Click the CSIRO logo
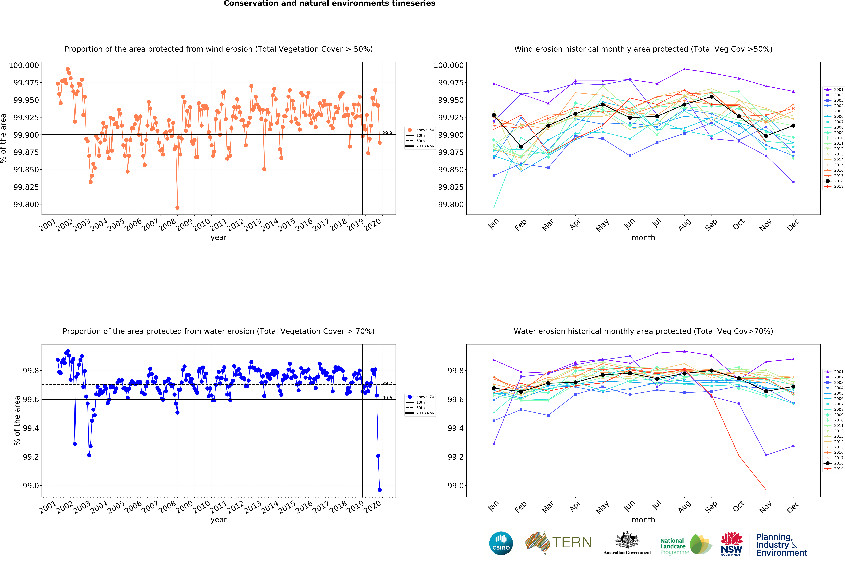[501, 543]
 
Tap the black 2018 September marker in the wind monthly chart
[711, 97]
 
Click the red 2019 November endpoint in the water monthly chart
[766, 490]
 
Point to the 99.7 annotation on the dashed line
[387, 383]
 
